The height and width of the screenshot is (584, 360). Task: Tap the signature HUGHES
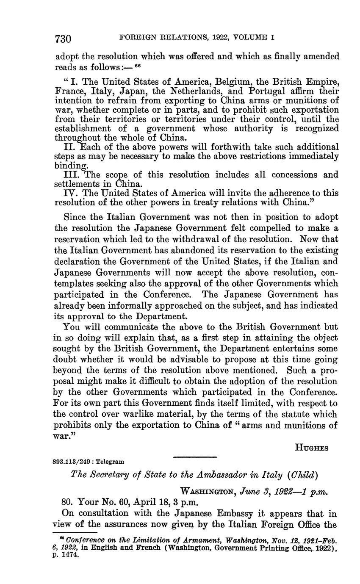[311, 448]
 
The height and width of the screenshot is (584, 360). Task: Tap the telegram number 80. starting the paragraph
[68, 503]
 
